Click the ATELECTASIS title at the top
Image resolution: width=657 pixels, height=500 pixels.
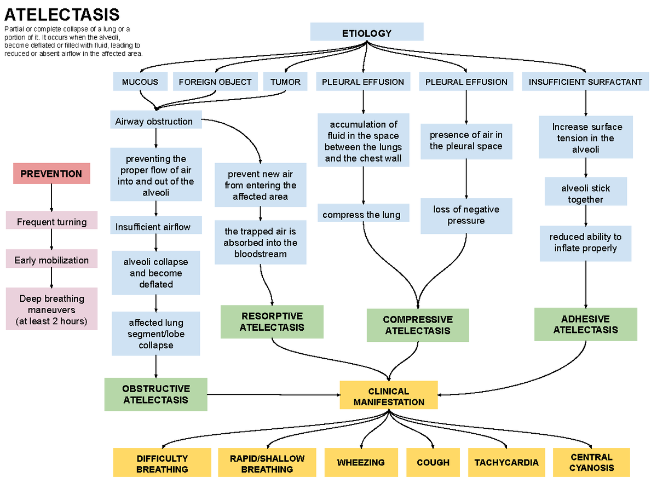[62, 15]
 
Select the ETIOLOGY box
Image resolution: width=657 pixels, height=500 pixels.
[367, 32]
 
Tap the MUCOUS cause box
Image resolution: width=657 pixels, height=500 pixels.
[140, 82]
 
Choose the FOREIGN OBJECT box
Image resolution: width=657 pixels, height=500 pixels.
[215, 82]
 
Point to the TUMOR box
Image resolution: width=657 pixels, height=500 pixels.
[285, 82]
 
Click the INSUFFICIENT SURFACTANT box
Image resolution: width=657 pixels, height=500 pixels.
[585, 82]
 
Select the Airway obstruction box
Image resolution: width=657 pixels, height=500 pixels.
[155, 121]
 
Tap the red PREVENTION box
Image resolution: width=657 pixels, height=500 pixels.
[51, 174]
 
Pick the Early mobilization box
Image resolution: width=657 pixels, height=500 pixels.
[51, 260]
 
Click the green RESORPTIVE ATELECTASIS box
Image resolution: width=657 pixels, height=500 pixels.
[272, 321]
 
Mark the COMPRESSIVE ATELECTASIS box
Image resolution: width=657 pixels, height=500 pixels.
[418, 325]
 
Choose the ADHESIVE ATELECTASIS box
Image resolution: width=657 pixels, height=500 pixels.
[585, 324]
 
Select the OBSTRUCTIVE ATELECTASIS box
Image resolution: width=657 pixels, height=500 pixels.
[156, 394]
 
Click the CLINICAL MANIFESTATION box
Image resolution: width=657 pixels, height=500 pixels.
[389, 396]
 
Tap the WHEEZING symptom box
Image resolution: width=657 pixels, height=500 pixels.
[361, 462]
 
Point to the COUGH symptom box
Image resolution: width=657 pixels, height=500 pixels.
[433, 462]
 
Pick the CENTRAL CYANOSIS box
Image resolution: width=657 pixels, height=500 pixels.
[591, 462]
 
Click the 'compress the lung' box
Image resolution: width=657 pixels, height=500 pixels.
[361, 215]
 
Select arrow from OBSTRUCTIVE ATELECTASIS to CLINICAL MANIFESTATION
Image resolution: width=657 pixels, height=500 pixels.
[274, 394]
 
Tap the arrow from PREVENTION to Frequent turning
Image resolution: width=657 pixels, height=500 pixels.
[51, 197]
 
